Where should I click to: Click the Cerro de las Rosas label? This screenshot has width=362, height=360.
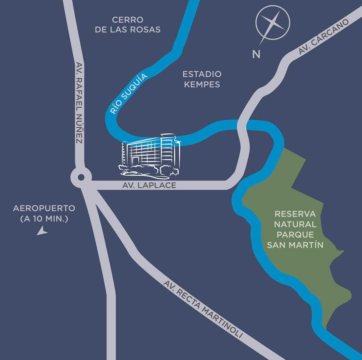point(128,25)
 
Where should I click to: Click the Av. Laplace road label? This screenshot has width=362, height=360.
point(149,185)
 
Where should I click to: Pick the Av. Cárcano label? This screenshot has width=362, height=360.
point(324,37)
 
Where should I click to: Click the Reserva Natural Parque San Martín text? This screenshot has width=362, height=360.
point(295,230)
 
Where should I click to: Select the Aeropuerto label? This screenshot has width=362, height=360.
point(44,208)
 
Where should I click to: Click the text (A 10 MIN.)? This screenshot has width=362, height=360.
point(44,219)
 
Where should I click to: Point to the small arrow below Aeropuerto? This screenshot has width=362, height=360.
point(42,231)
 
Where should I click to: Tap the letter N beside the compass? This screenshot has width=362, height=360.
point(256,54)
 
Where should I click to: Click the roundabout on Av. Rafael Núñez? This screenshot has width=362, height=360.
point(81,177)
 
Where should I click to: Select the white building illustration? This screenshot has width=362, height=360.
point(151,154)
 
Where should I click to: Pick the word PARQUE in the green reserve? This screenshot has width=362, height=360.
point(295,235)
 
